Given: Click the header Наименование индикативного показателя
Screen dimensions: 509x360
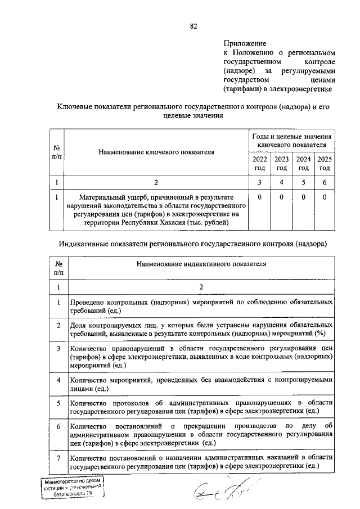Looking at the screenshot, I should point(200,263).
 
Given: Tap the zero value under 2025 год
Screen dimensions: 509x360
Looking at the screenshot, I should point(325,197).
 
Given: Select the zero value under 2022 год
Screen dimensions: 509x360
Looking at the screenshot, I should point(259,197).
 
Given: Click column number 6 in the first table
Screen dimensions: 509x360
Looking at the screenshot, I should point(325,182).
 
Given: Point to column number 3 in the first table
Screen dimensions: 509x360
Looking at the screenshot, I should point(259,182).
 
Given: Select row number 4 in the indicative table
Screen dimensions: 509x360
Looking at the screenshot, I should point(58,380).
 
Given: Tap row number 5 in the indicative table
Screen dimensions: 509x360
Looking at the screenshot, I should point(58,403).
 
